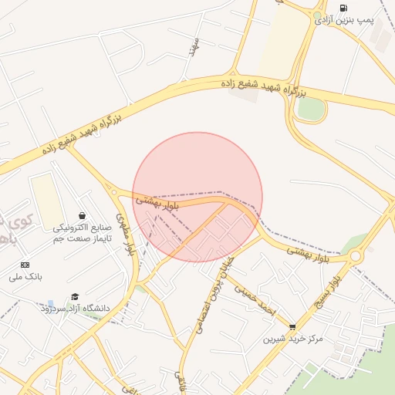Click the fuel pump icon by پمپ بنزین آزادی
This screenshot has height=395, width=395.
pos(343,8)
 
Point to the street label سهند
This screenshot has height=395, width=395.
pos(194,48)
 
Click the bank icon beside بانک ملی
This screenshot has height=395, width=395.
pos(24,265)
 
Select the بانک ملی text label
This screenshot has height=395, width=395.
pos(26,275)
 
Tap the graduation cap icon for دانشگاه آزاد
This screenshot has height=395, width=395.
pos(75,297)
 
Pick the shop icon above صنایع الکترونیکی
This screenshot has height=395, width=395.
pos(83,216)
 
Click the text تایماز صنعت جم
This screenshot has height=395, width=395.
pos(83,239)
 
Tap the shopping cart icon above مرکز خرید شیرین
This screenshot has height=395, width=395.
pos(292,327)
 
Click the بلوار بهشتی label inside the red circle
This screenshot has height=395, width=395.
pos(157,203)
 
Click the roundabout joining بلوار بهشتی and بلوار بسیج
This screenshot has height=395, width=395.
pos(356,255)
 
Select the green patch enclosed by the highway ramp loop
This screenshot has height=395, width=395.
pos(311,109)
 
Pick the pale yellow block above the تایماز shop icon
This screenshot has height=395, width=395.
pos(47,202)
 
